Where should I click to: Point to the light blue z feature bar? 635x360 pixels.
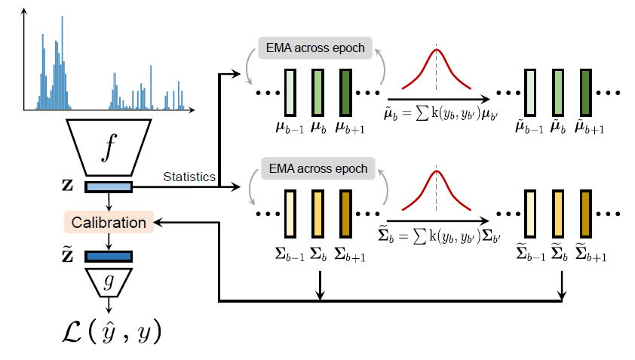click(109, 186)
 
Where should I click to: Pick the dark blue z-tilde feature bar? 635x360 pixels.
click(109, 257)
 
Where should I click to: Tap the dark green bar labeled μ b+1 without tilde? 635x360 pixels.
click(346, 93)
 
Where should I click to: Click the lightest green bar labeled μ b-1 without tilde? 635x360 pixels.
click(290, 93)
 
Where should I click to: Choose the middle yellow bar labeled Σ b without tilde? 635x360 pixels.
click(317, 214)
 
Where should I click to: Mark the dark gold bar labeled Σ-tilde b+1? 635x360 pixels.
click(587, 214)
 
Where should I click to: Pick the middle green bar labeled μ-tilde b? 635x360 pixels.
click(559, 93)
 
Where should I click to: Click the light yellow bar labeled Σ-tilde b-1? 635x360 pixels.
click(531, 214)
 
